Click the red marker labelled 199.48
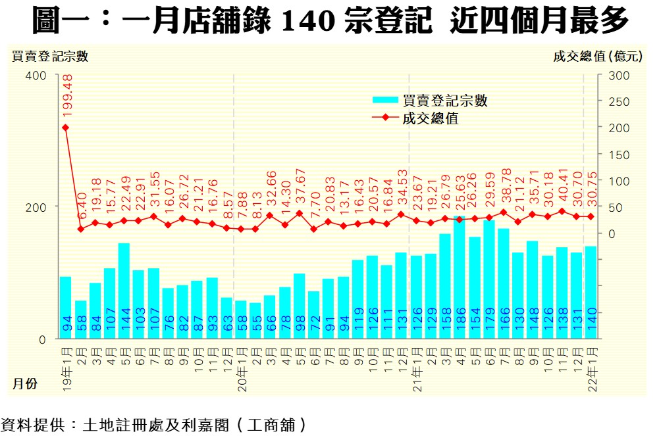pyautogui.click(x=66, y=127)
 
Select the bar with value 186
pyautogui.click(x=459, y=276)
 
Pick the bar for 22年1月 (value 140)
pyautogui.click(x=591, y=292)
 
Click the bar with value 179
pyautogui.click(x=489, y=279)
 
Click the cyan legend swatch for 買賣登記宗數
pyautogui.click(x=385, y=100)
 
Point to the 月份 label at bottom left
pyautogui.click(x=25, y=383)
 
